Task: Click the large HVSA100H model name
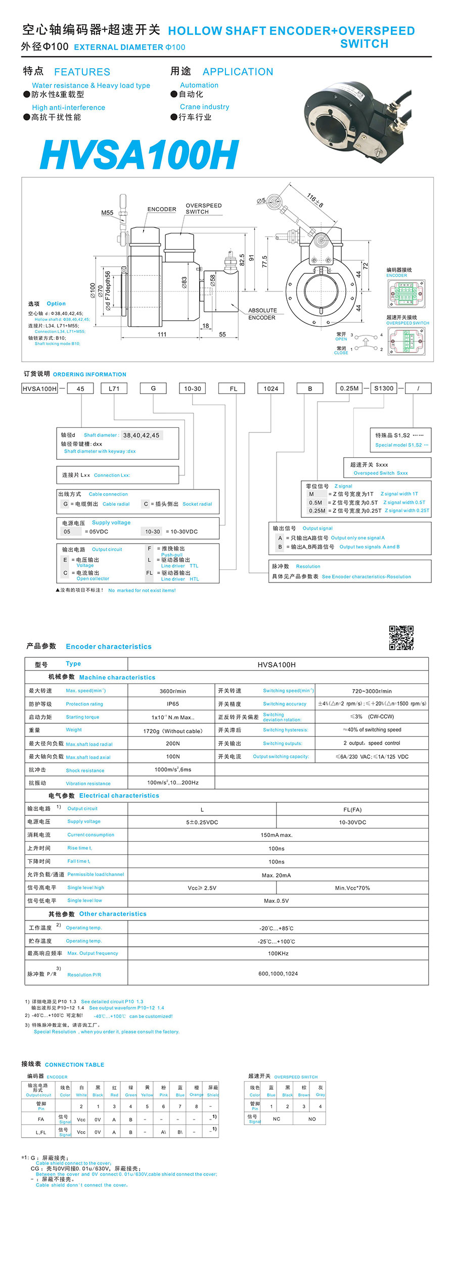139,155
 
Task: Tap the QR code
401,638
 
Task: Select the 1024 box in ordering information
271,388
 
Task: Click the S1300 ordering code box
384,388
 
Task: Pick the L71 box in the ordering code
114,388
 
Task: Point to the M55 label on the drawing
107,213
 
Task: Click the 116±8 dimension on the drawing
315,201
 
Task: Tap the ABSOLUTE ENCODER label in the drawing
262,314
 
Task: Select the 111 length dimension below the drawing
162,334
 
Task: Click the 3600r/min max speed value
172,691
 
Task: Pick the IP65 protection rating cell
172,704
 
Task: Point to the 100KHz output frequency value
278,953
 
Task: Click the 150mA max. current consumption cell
277,835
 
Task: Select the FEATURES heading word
82,72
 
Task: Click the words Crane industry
204,107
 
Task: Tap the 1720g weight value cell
172,731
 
